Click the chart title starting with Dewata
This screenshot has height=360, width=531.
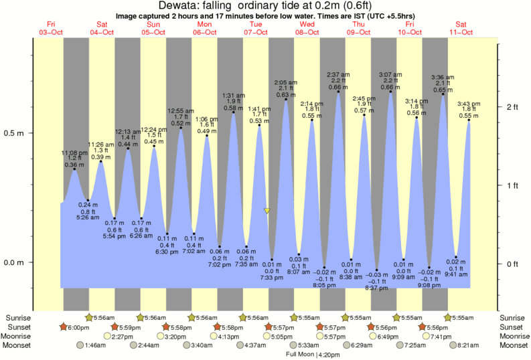click(266, 5)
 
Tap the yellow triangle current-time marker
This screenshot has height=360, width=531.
click(267, 211)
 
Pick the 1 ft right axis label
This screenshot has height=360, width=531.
click(513, 185)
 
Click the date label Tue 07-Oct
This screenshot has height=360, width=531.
click(255, 28)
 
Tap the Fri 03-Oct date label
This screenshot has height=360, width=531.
click(51, 28)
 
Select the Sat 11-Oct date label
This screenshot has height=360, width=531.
click(460, 28)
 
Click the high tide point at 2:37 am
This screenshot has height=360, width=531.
click(338, 92)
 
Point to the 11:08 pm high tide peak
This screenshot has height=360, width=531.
click(74, 169)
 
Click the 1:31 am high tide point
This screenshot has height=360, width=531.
click(233, 112)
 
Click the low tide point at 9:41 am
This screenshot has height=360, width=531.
click(455, 257)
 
